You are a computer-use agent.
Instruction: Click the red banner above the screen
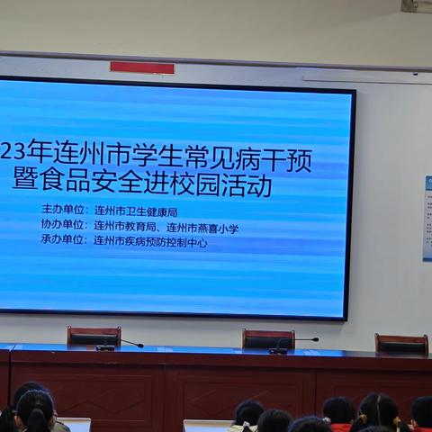click(x=142, y=67)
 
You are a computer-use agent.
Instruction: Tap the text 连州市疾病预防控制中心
click(x=150, y=241)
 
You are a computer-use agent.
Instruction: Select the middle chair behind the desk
click(x=267, y=338)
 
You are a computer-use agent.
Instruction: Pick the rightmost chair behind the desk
click(x=401, y=343)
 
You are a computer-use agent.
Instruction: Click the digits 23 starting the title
click(x=11, y=162)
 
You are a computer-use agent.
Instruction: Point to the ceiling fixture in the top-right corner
click(x=416, y=6)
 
